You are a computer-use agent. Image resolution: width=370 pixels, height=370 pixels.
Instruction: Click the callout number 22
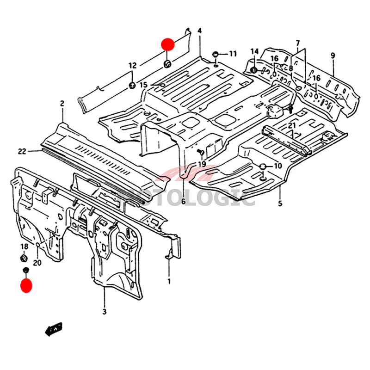pyautogui.click(x=22, y=151)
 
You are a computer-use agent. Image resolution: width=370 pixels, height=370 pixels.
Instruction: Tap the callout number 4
pyautogui.click(x=199, y=31)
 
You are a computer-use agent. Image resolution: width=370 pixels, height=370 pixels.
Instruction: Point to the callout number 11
pyautogui.click(x=232, y=54)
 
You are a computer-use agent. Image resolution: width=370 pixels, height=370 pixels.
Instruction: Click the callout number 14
pyautogui.click(x=254, y=51)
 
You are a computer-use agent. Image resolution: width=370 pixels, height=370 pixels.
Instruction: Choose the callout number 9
pyautogui.click(x=333, y=55)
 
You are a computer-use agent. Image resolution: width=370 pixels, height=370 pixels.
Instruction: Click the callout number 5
pyautogui.click(x=280, y=203)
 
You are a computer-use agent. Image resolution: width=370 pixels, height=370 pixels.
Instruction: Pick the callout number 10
pyautogui.click(x=277, y=166)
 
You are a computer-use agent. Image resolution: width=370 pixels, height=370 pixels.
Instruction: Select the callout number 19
pyautogui.click(x=202, y=165)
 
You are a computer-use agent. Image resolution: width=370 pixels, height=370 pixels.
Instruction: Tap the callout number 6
pyautogui.click(x=183, y=202)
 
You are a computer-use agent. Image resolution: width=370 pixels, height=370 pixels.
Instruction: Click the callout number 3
pyautogui.click(x=105, y=312)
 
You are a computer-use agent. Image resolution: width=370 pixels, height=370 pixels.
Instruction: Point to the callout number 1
pyautogui.click(x=169, y=281)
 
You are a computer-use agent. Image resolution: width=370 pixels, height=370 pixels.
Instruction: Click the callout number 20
pyautogui.click(x=37, y=263)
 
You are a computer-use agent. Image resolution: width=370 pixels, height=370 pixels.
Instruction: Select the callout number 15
pyautogui.click(x=143, y=85)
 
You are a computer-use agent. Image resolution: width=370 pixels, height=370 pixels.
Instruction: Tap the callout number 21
pyautogui.click(x=291, y=126)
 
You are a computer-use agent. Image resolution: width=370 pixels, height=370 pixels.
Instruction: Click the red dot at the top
pyautogui.click(x=167, y=44)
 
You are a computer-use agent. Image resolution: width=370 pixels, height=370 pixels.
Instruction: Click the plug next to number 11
pyautogui.click(x=216, y=55)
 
